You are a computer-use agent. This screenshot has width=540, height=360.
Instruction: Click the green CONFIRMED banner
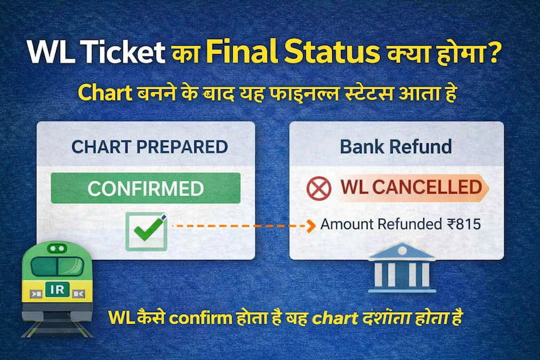click(x=145, y=188)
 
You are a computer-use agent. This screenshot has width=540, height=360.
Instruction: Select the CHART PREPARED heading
click(x=149, y=147)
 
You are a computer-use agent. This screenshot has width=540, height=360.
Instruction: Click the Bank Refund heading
click(x=396, y=147)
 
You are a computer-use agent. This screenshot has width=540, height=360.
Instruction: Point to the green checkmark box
click(x=146, y=230)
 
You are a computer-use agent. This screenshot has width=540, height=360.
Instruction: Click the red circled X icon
click(x=319, y=188)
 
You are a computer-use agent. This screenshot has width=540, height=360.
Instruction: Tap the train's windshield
click(x=57, y=265)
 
